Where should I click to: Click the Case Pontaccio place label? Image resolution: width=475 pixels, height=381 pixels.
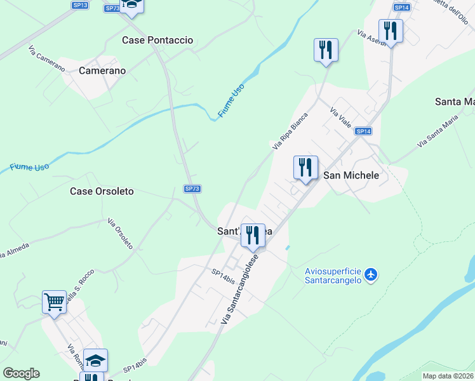157,40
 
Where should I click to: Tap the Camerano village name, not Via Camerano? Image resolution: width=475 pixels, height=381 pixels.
102,71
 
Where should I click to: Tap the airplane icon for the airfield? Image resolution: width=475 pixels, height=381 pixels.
371,275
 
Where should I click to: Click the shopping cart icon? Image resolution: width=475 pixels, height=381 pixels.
54,302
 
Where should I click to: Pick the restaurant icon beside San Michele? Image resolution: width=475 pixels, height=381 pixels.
305,168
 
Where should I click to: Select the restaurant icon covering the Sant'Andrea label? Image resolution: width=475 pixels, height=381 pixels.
253,236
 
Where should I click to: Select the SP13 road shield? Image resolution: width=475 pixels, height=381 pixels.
80,4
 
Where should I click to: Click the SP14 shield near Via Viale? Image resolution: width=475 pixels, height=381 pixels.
363,131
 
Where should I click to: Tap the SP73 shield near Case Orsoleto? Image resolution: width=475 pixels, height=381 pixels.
192,189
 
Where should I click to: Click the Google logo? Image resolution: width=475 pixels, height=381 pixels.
21,373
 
